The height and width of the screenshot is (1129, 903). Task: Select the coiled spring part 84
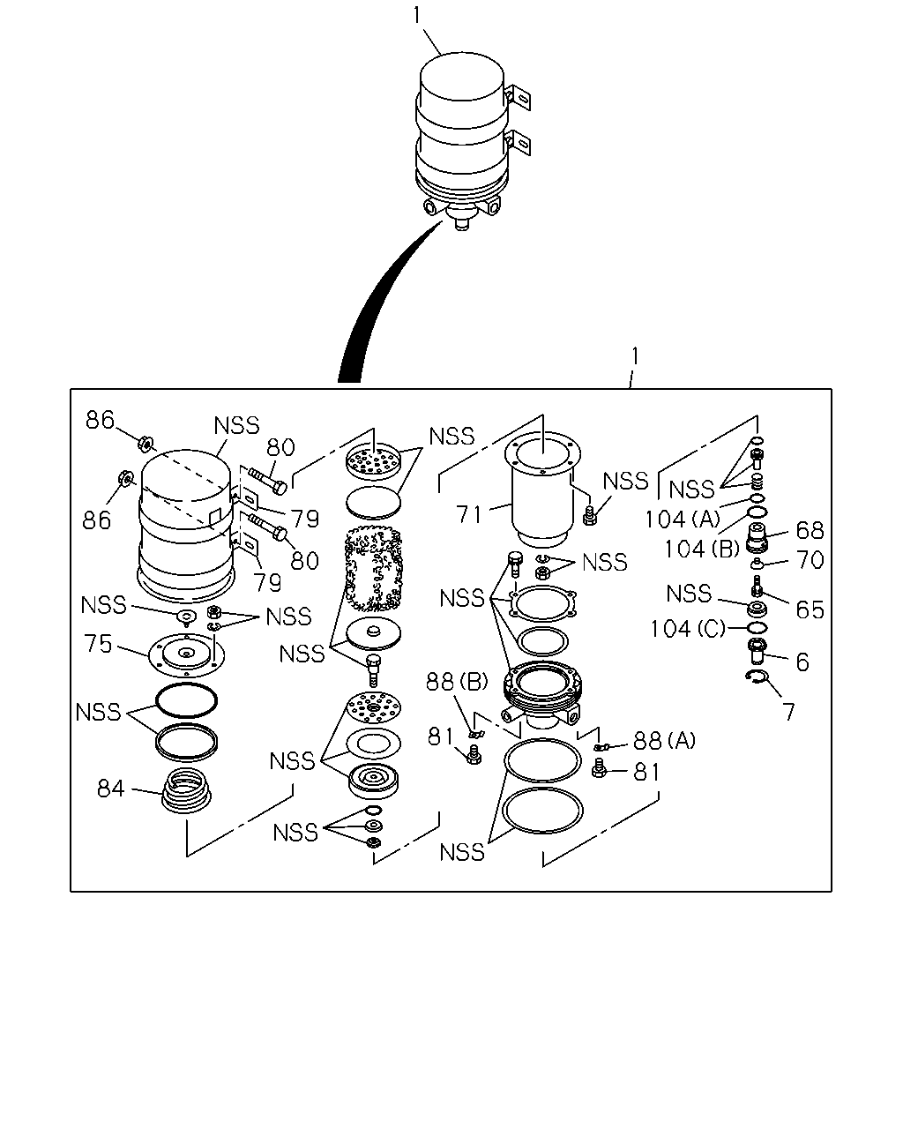coord(186,790)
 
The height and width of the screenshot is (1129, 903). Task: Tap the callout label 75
coord(98,644)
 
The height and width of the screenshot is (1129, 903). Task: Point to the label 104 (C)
coord(688,629)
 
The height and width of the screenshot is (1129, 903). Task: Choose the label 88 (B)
coord(457,682)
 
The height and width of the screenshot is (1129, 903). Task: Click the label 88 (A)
coord(664,741)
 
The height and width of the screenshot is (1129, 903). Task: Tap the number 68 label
coord(810,530)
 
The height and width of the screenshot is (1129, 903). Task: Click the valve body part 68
coord(756,537)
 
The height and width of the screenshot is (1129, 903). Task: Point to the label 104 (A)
coord(683,520)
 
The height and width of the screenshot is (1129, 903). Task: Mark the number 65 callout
coord(810,609)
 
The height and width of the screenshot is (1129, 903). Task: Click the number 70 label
coord(810,560)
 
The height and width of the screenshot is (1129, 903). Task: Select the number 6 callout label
coord(802,662)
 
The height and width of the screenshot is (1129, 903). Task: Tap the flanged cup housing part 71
coord(542,494)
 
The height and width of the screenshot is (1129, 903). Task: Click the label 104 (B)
coord(702,550)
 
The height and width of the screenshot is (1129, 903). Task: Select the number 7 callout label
coord(789,712)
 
